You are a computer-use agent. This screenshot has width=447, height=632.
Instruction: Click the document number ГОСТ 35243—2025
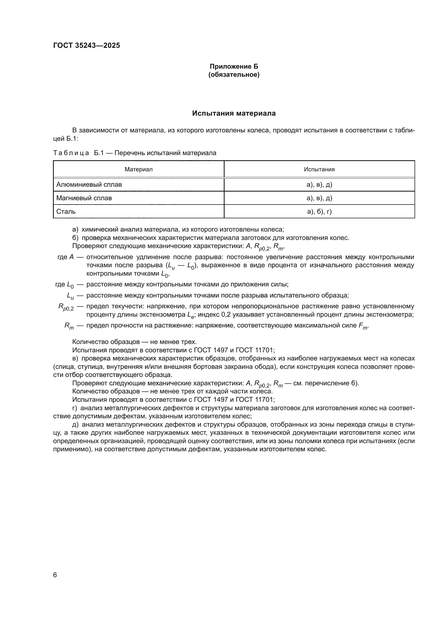click(86, 45)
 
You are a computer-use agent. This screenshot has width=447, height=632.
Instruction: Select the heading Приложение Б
click(234, 66)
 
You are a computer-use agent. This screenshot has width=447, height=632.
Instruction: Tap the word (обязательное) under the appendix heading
click(234, 75)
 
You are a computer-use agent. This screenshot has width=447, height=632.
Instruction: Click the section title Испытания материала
click(234, 113)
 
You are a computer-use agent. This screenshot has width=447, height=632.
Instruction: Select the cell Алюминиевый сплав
click(89, 185)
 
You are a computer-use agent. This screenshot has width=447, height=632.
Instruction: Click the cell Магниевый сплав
click(84, 198)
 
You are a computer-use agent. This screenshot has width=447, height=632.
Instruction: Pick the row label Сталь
click(66, 211)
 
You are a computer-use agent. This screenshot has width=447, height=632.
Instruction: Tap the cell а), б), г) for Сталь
click(319, 211)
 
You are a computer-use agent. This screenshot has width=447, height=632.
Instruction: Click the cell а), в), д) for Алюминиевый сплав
click(319, 185)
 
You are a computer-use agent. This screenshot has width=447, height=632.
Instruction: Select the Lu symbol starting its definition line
click(70, 296)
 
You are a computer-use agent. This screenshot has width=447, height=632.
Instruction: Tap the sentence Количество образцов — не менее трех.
click(134, 342)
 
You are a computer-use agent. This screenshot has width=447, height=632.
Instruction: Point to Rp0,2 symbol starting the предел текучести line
click(66, 307)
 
